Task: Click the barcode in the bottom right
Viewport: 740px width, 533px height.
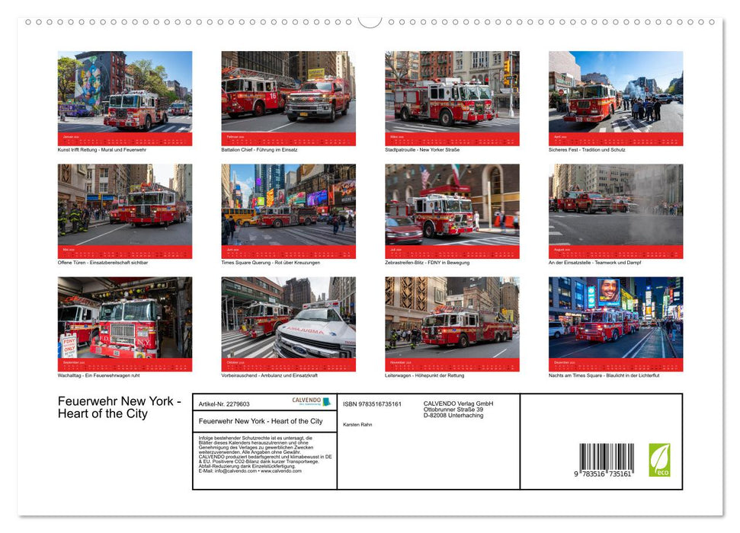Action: (606, 461)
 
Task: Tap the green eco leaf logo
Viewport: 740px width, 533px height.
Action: (659, 460)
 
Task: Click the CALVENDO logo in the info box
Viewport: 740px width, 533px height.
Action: (311, 401)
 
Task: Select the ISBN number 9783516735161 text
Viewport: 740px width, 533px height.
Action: (372, 404)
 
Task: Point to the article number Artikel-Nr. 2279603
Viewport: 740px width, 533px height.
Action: (224, 404)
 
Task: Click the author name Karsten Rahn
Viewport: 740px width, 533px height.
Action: (357, 424)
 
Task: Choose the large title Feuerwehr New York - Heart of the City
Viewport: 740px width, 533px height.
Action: (119, 407)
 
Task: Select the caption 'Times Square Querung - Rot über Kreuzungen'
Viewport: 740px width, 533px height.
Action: (271, 263)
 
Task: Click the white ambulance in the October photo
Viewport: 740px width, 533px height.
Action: (316, 333)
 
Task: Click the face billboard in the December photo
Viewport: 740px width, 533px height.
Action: (607, 290)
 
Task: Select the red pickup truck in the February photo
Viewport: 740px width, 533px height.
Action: (318, 99)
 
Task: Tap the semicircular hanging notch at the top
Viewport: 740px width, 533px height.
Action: (370, 21)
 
